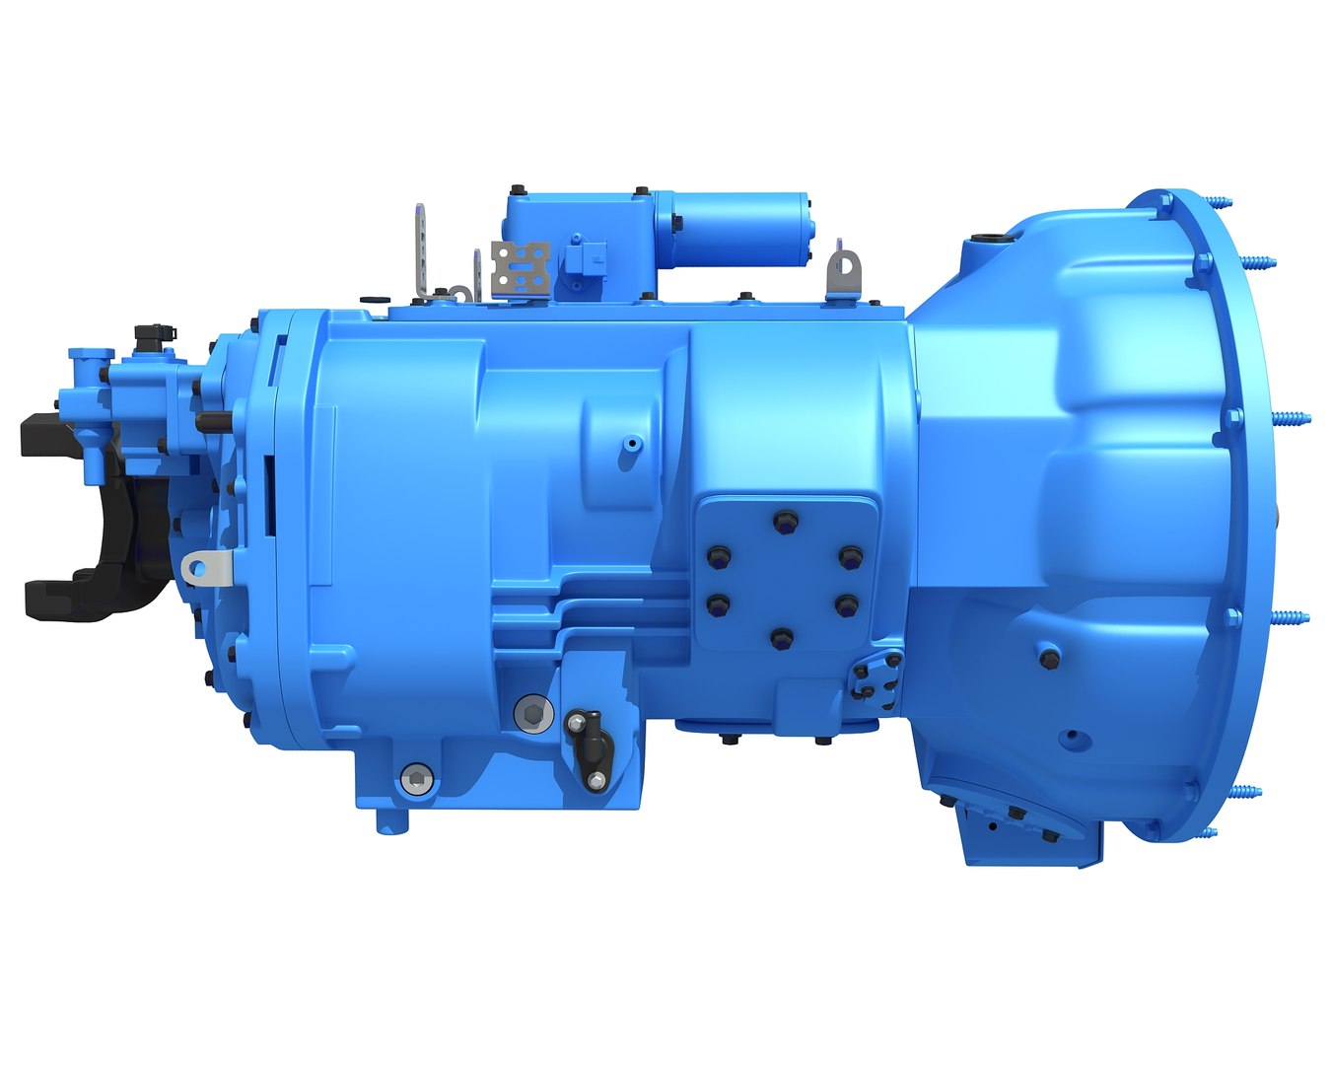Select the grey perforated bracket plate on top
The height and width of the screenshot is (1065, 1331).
pyautogui.click(x=520, y=266)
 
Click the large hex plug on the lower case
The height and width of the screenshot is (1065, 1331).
pyautogui.click(x=532, y=712)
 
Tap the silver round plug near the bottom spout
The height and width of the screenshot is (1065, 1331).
pyautogui.click(x=416, y=779)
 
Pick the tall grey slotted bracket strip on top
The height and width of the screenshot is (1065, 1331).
pyautogui.click(x=421, y=247)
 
